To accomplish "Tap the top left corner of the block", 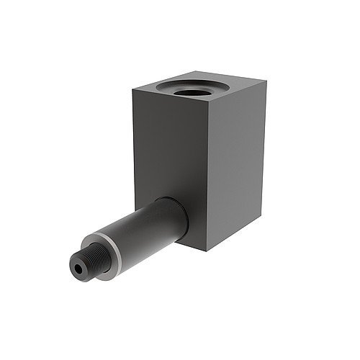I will (132, 89).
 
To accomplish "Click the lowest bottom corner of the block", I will (207, 251).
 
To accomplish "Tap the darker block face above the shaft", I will (170, 144).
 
